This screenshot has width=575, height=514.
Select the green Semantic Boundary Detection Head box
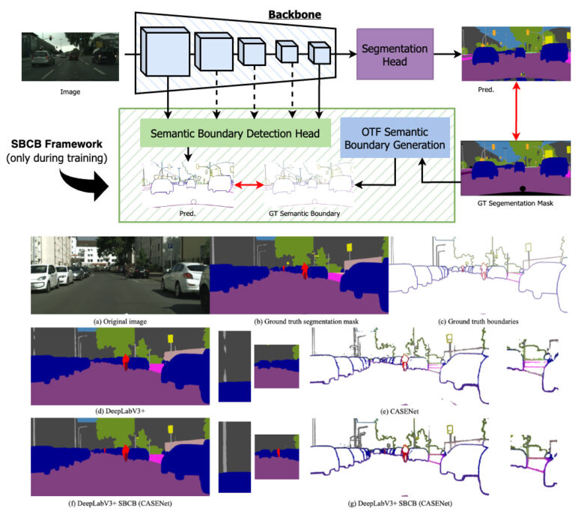pos(228,135)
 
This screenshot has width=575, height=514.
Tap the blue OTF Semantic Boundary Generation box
pos(395,138)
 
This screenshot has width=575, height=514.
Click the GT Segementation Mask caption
pos(515,203)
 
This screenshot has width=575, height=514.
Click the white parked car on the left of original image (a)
pos(43,278)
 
